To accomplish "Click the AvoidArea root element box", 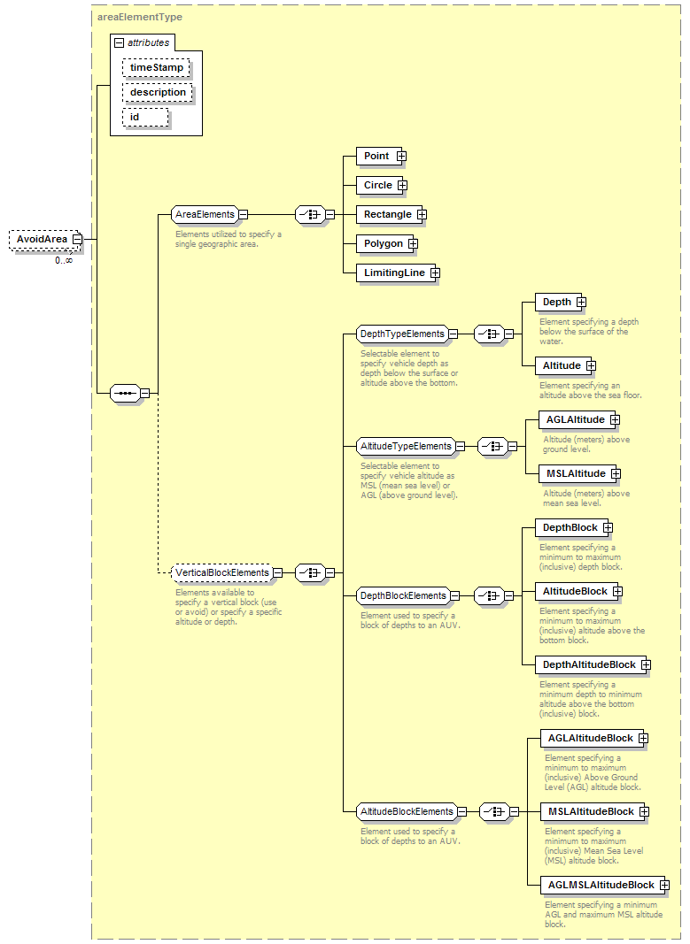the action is coord(44,240).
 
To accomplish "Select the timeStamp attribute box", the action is coord(156,67).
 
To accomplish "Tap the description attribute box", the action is coord(158,92).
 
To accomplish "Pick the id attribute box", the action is coord(146,118).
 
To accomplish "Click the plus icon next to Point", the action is coord(401,157).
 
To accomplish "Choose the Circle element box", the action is coord(382,186).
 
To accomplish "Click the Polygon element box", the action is coord(387,244).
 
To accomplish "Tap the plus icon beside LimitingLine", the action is coord(435,273).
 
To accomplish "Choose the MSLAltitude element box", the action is coord(579,474).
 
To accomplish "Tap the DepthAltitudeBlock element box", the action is coord(593,664).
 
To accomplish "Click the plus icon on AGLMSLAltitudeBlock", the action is coord(664,885).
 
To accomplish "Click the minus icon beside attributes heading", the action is coord(120,43).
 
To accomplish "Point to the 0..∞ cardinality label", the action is coord(64,261).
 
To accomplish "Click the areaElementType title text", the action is coord(140,17).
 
